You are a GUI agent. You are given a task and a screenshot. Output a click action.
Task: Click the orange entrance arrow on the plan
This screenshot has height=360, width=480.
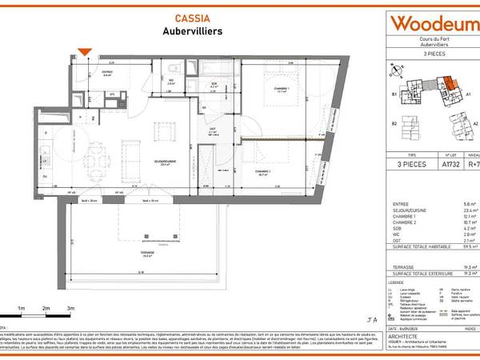(88, 54)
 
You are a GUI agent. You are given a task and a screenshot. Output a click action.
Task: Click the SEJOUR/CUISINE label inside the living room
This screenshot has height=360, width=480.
(167, 163)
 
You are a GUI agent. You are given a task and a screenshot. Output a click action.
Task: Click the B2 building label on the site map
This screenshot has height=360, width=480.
(394, 124)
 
